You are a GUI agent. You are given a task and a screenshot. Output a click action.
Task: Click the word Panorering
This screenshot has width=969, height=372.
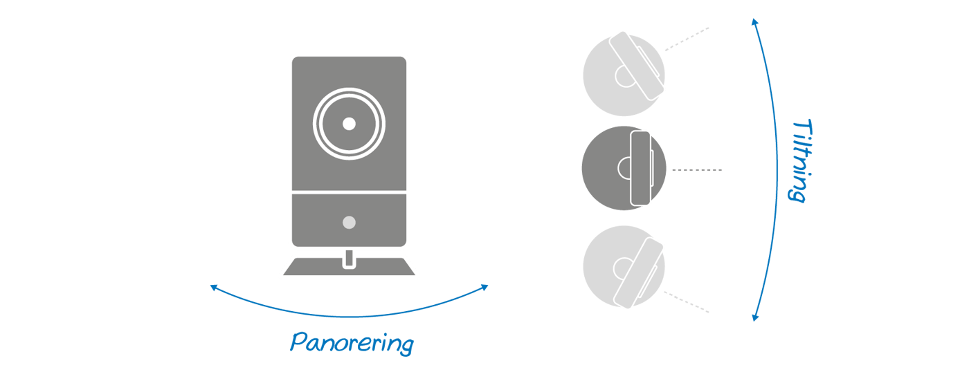pyautogui.click(x=351, y=343)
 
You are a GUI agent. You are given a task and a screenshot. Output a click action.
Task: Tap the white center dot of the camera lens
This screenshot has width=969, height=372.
pyautogui.click(x=349, y=123)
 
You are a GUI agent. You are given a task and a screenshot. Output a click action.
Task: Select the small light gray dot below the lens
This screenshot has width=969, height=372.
pyautogui.click(x=349, y=223)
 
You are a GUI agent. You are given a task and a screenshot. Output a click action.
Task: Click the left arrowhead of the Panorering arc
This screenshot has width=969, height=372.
pyautogui.click(x=213, y=286)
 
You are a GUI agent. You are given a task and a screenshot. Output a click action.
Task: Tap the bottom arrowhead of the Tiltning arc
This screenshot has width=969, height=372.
pyautogui.click(x=755, y=318)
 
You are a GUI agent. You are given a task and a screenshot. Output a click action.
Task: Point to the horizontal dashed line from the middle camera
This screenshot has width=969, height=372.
pyautogui.click(x=697, y=170)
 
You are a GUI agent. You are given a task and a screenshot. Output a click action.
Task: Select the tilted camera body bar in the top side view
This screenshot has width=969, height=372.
pyautogui.click(x=637, y=64)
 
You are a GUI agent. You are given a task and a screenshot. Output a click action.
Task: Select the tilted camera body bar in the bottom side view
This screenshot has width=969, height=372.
pyautogui.click(x=637, y=272)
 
